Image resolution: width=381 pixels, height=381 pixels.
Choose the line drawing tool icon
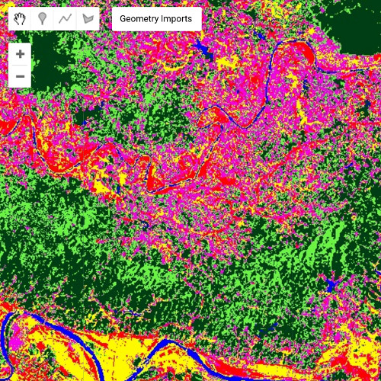click(66, 19)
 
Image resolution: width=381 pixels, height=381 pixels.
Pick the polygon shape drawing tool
click(89, 19)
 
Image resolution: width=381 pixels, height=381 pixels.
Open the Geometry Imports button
click(156, 19)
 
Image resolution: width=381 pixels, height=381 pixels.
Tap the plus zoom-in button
click(20, 54)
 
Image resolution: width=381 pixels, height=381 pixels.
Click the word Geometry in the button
click(142, 19)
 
